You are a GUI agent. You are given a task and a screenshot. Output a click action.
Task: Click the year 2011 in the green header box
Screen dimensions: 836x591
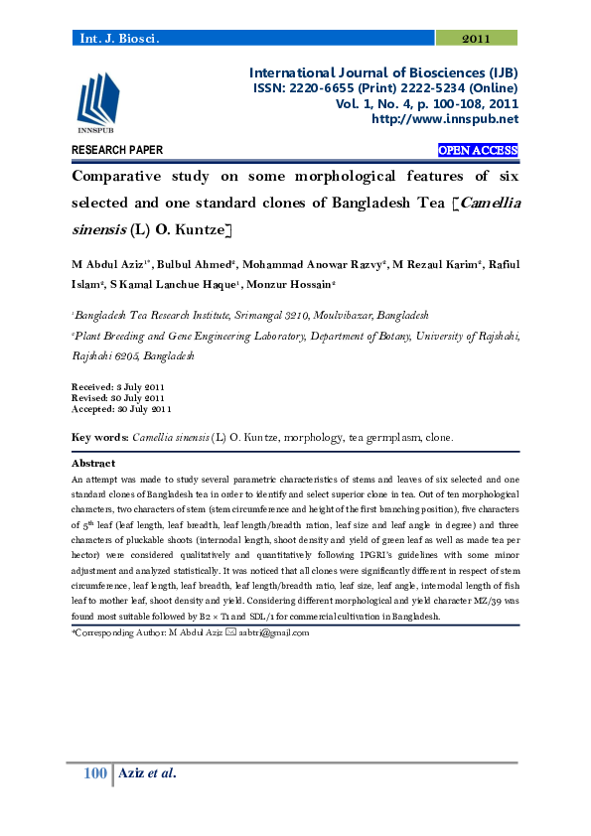click(477, 38)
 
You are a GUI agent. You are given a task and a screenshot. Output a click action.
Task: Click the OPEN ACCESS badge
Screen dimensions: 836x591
click(478, 151)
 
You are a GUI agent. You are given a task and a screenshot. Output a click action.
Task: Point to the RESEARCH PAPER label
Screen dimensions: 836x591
click(117, 151)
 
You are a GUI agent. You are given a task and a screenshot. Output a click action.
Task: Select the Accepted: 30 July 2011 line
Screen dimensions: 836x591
click(121, 408)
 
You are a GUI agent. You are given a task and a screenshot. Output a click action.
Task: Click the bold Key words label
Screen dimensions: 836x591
click(99, 437)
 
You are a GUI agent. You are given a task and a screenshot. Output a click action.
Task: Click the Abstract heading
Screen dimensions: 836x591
click(93, 464)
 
